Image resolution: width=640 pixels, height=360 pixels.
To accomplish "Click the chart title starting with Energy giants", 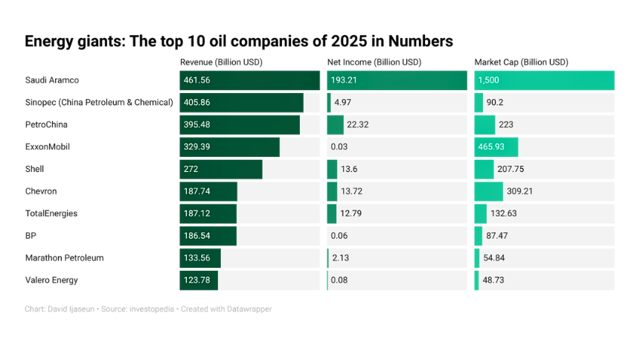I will click(238, 41).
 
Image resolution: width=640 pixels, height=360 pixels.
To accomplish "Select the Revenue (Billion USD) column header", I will click(221, 62).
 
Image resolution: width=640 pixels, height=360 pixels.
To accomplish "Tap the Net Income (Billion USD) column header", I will click(374, 62).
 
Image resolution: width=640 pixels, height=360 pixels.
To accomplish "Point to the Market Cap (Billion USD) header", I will click(521, 62).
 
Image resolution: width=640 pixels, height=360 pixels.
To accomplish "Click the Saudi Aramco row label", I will click(52, 80).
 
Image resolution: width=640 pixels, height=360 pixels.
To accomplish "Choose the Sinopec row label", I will click(99, 103).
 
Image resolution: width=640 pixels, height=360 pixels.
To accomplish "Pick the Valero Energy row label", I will click(51, 280).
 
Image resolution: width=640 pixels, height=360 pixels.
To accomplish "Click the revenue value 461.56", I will click(197, 80).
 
